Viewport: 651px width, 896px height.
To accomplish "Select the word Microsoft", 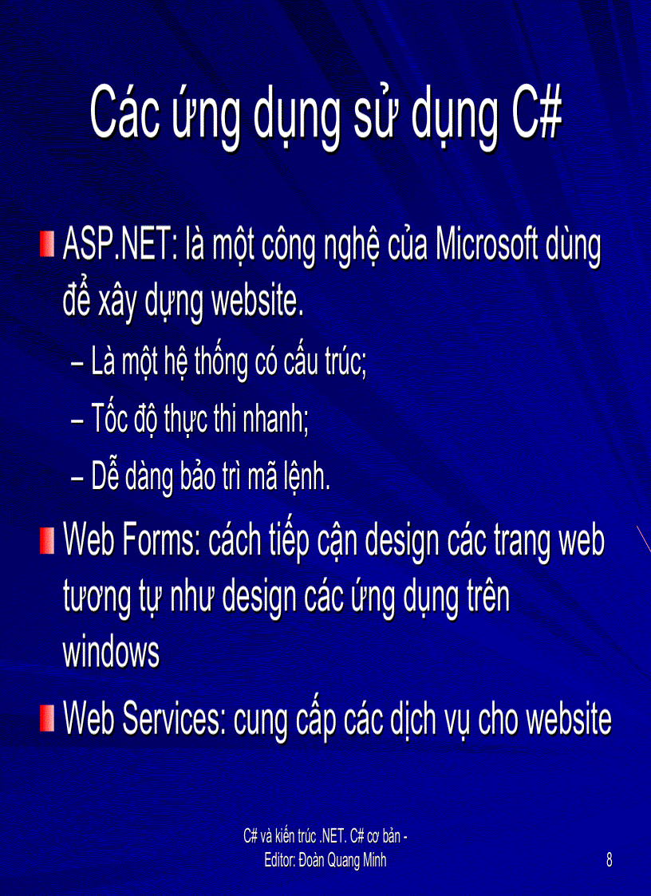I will click(x=485, y=247).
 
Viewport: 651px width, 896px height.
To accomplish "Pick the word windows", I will click(x=111, y=653).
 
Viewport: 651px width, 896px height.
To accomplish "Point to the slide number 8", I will click(x=610, y=860).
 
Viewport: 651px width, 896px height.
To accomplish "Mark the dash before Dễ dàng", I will click(x=79, y=480).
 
